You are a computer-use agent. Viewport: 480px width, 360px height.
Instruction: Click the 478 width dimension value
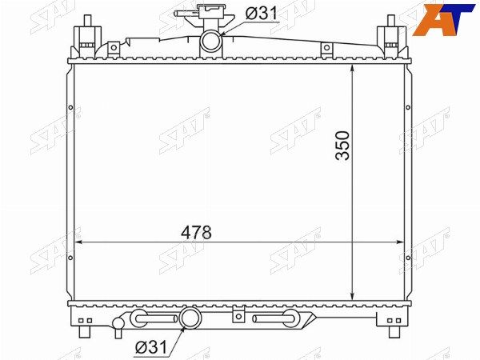coord(196,233)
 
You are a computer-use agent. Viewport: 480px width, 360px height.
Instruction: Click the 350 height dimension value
coord(342,146)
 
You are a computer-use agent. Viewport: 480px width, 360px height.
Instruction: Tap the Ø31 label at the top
coord(261,13)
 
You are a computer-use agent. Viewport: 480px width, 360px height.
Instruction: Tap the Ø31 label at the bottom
coord(151,347)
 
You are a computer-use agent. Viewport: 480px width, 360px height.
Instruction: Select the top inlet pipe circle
coord(210,41)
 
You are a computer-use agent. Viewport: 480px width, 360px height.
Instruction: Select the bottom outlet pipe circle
coord(190,318)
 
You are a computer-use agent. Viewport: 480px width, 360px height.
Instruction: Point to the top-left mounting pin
coord(87,21)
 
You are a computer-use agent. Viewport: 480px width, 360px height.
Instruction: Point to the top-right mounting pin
coord(391,21)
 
